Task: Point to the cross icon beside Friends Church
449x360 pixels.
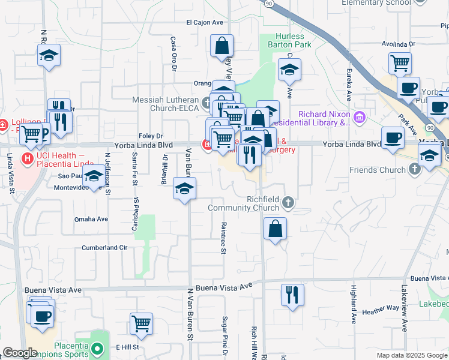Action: (x=414, y=170)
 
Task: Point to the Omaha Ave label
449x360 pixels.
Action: (x=91, y=219)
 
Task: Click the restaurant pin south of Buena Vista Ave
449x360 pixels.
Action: (x=292, y=295)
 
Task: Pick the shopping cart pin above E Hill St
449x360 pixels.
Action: (x=141, y=324)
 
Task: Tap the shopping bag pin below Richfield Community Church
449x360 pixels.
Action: (x=275, y=229)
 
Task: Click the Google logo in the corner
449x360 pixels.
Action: (x=20, y=353)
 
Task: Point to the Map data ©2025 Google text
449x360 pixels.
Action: (x=411, y=355)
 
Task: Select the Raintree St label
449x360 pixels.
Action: (x=222, y=238)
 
